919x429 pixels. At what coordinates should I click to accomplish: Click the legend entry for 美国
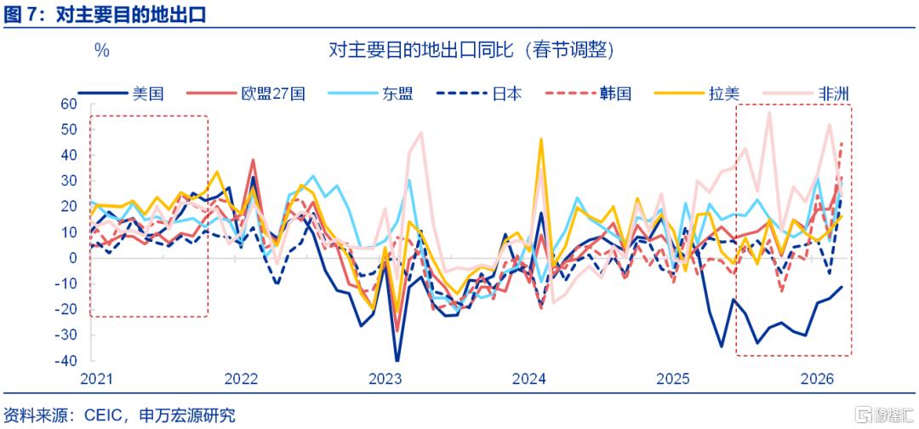[x=121, y=93]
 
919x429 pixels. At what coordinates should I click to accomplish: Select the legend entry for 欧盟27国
[x=246, y=93]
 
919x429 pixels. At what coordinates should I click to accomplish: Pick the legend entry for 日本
[x=479, y=93]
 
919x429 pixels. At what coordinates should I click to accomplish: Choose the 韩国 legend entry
[x=589, y=93]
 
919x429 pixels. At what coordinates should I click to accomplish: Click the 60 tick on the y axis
[x=77, y=105]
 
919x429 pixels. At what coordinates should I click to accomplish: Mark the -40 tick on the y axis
[x=74, y=361]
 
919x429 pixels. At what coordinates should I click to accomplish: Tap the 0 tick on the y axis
[x=81, y=258]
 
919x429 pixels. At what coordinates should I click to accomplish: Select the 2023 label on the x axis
[x=385, y=380]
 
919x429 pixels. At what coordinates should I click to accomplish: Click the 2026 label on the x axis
[x=819, y=380]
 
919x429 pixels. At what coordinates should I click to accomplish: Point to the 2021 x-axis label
[x=97, y=380]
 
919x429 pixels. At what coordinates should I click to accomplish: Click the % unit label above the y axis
[x=102, y=51]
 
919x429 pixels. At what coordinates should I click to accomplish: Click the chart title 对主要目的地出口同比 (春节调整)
[x=471, y=50]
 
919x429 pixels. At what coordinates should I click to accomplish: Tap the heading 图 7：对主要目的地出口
[x=105, y=14]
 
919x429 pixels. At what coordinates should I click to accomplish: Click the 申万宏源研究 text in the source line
[x=187, y=415]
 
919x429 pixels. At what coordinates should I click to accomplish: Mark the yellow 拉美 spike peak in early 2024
[x=541, y=139]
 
